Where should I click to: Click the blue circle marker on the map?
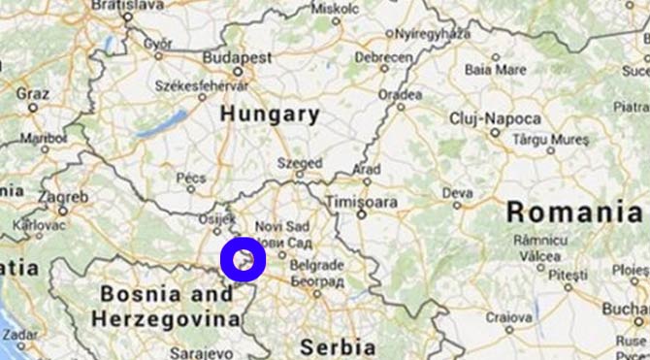(243, 259)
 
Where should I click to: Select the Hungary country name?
(270, 114)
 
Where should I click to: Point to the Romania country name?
(574, 211)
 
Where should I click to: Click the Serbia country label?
(337, 346)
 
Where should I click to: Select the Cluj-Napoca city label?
(495, 117)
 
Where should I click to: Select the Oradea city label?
(400, 94)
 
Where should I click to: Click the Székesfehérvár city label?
(200, 85)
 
